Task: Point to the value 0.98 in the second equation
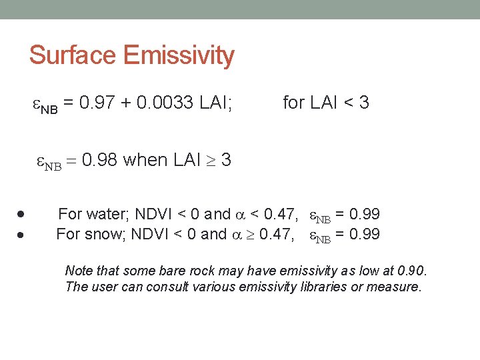coord(99,160)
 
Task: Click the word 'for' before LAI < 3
coord(293,103)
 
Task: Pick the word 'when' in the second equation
coord(145,160)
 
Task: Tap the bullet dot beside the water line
coord(22,215)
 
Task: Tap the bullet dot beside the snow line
coord(22,235)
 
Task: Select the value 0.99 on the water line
coord(365,214)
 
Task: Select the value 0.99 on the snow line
coord(365,234)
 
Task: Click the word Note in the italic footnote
coord(77,271)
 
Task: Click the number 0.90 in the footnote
coord(410,271)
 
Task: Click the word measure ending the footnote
coord(397,287)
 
